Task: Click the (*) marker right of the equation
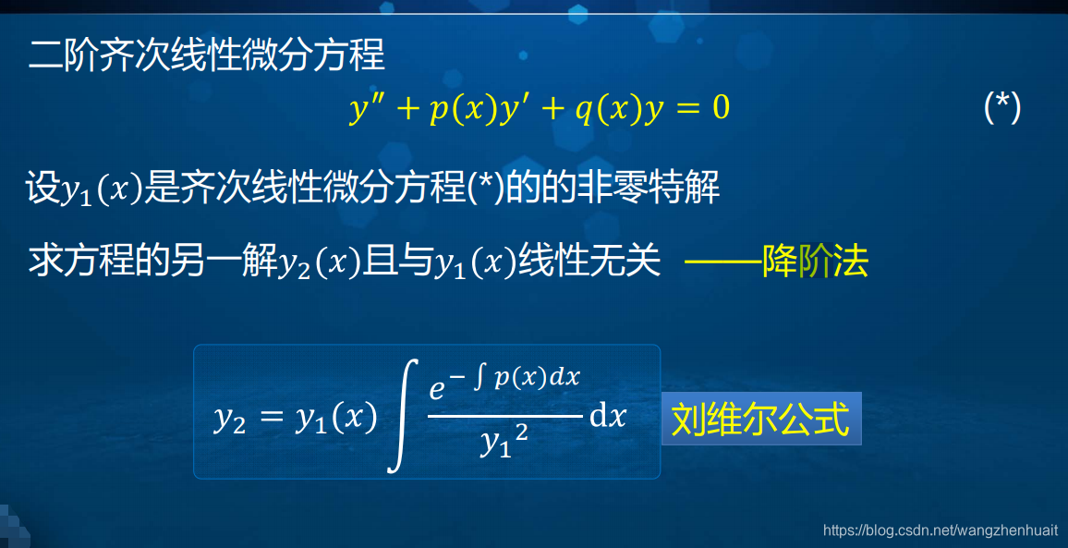point(1002,109)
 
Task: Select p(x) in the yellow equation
point(458,109)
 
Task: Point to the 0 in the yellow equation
point(720,109)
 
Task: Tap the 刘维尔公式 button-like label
point(760,419)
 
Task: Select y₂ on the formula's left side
point(229,419)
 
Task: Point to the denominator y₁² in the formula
point(504,444)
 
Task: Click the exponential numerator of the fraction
point(504,383)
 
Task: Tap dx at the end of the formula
point(608,417)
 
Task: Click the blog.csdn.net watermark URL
point(940,530)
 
